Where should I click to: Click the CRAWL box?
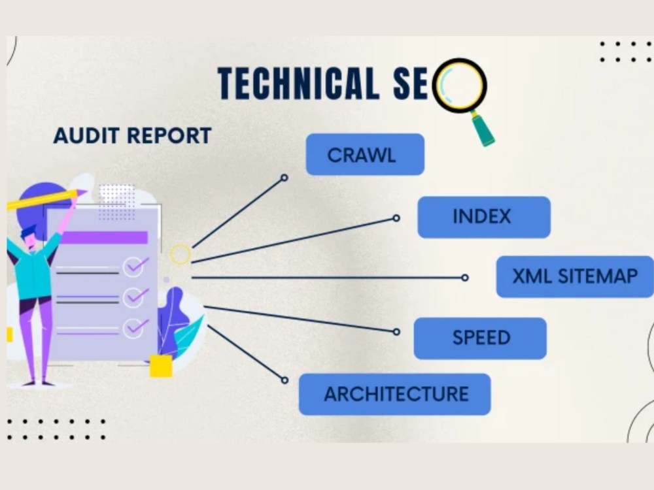click(x=365, y=155)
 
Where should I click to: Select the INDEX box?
click(x=484, y=217)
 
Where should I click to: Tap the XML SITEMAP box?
click(x=575, y=276)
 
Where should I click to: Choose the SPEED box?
click(x=480, y=338)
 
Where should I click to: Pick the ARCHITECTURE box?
click(x=394, y=394)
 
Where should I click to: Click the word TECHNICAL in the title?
click(x=299, y=84)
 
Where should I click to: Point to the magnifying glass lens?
click(x=459, y=86)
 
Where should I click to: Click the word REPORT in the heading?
click(x=169, y=136)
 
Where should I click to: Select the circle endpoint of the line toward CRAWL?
click(x=284, y=178)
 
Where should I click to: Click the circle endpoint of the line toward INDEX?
click(x=396, y=218)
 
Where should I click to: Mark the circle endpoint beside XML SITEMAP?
click(x=464, y=278)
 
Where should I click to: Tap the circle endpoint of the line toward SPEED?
click(x=396, y=332)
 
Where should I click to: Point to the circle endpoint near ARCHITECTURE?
click(x=284, y=380)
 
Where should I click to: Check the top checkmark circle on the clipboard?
click(x=133, y=267)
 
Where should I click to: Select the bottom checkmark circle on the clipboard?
click(x=133, y=328)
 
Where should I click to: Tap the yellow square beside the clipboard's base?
click(x=161, y=367)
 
